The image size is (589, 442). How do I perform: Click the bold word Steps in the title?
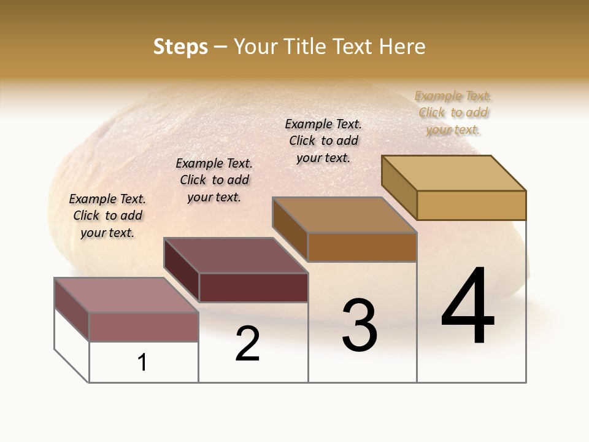tap(180, 47)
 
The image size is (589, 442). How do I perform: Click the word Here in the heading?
tap(402, 47)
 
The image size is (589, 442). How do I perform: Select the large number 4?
tap(468, 307)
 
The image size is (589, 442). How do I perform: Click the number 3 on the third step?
tap(360, 325)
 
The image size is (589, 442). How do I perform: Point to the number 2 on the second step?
tap(247, 344)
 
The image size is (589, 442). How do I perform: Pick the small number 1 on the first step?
tap(142, 363)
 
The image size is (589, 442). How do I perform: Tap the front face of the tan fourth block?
tap(471, 205)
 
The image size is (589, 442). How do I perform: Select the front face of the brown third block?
tap(362, 247)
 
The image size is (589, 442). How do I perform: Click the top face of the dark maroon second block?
tap(236, 255)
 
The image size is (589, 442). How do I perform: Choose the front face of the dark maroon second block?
tap(253, 287)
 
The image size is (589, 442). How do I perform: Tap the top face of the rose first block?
tap(126, 295)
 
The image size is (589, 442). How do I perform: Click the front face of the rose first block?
tap(144, 327)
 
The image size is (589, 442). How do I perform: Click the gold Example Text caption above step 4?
tap(453, 113)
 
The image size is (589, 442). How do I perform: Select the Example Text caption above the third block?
tap(323, 141)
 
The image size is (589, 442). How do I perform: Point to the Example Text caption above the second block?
tap(214, 180)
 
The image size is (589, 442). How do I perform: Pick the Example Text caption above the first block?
tap(107, 215)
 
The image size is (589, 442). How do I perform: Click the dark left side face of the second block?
tap(182, 270)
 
